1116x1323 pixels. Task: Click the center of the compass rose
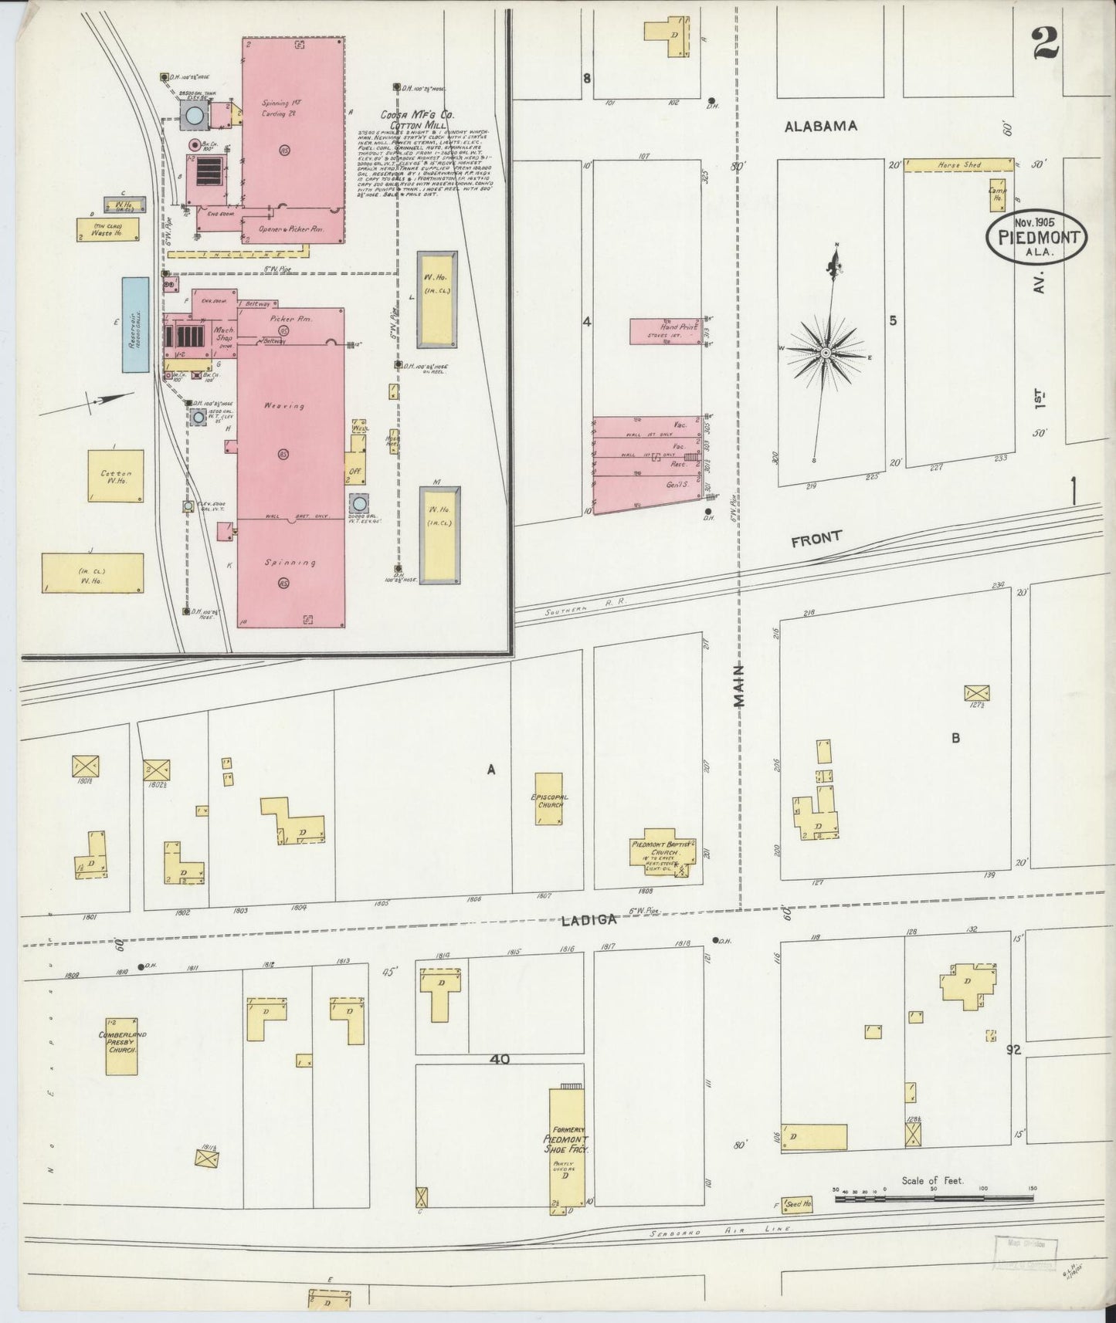click(826, 353)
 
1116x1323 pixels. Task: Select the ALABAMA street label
click(820, 127)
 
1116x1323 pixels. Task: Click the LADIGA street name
click(589, 919)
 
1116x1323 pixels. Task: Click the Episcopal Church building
click(549, 798)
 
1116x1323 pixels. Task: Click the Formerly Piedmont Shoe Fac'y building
click(566, 1146)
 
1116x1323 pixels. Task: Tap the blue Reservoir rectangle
click(134, 325)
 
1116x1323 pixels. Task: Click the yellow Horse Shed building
click(958, 165)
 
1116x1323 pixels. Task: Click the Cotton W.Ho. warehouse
click(115, 476)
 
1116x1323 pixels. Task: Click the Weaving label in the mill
click(283, 405)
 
